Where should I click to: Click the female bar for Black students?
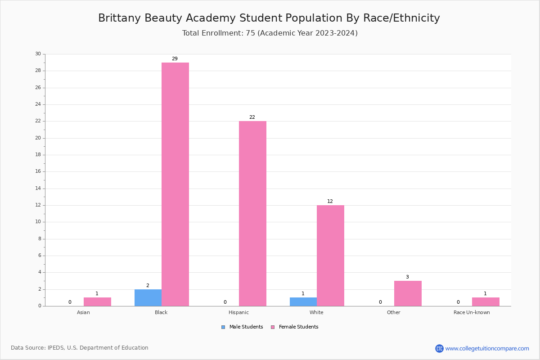click(x=175, y=184)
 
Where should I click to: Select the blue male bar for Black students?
click(x=148, y=297)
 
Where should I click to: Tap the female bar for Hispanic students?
click(x=252, y=214)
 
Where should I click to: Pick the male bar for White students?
click(x=303, y=301)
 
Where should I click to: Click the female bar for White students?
click(x=330, y=256)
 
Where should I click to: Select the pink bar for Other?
click(x=408, y=293)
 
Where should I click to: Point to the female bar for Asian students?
click(x=97, y=301)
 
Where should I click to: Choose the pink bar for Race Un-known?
click(x=486, y=301)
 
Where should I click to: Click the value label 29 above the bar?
click(x=175, y=59)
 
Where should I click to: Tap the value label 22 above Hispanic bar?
click(x=252, y=117)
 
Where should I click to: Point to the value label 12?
click(x=330, y=202)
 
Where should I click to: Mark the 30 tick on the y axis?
click(x=38, y=54)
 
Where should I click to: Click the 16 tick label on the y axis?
click(x=38, y=171)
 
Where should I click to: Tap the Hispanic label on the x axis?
click(x=238, y=313)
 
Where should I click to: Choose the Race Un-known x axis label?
click(x=472, y=313)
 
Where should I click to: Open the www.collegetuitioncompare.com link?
click(x=487, y=348)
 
